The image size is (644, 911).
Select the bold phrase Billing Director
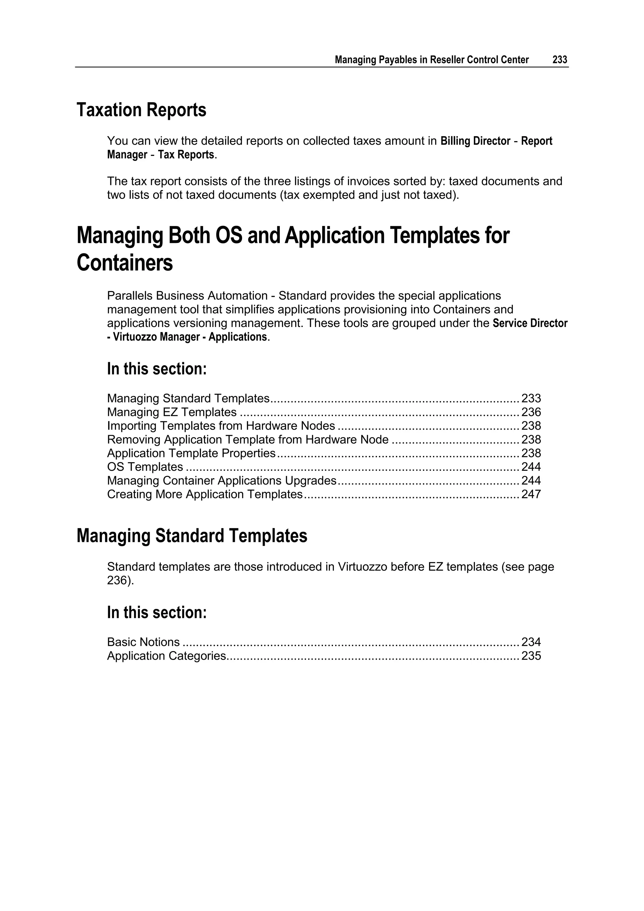click(x=475, y=141)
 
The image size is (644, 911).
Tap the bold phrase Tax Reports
click(x=186, y=155)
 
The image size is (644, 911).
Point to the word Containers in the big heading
click(x=125, y=263)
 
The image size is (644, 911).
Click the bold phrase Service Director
click(x=530, y=323)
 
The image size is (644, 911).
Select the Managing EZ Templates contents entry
click(x=172, y=412)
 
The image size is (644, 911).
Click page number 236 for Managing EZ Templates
click(x=531, y=412)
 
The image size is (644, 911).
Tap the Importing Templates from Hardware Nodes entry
click(x=221, y=426)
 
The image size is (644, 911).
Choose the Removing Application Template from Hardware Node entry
click(x=247, y=440)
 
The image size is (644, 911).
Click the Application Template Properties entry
click(x=191, y=453)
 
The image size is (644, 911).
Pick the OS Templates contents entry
click(x=145, y=467)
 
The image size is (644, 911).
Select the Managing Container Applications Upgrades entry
click(x=222, y=481)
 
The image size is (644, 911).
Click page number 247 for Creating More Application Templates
click(x=531, y=494)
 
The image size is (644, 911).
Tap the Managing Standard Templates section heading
click(x=192, y=536)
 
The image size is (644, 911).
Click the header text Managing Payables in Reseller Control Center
click(x=431, y=60)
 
